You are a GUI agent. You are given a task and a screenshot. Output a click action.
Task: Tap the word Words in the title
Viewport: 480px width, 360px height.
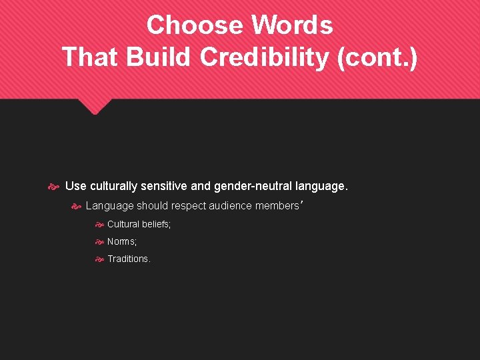point(292,25)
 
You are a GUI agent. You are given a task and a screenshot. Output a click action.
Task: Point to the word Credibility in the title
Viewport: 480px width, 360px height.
point(265,57)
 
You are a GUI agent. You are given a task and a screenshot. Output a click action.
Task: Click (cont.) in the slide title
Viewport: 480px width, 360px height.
point(378,57)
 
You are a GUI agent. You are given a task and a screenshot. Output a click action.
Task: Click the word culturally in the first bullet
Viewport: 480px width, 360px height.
point(114,185)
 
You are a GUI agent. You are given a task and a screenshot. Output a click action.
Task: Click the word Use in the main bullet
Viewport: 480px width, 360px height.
point(75,185)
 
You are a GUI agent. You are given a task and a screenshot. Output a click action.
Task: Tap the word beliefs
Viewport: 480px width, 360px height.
point(156,225)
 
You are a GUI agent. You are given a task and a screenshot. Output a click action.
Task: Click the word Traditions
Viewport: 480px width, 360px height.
point(129,259)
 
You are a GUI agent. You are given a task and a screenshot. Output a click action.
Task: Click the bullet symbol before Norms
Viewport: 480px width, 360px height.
point(99,242)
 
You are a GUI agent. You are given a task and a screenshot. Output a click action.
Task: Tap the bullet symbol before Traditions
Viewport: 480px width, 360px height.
point(99,259)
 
